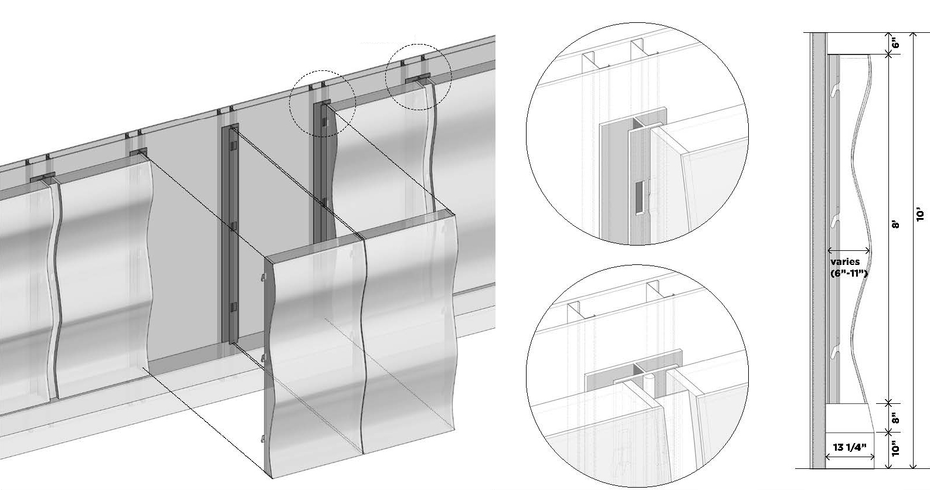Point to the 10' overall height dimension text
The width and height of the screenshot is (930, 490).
click(921, 215)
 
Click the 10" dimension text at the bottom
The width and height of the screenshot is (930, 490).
click(895, 448)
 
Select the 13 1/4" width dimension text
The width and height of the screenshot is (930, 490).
click(850, 447)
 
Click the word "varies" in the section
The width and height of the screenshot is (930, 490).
click(845, 262)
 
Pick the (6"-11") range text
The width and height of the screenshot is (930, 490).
click(849, 273)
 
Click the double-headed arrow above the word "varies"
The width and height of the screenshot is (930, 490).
click(848, 250)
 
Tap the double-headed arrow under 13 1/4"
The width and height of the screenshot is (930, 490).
click(850, 457)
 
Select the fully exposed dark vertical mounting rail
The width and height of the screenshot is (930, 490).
click(230, 234)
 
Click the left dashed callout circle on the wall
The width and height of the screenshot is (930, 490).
click(323, 103)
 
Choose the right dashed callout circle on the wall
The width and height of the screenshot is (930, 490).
click(419, 77)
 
